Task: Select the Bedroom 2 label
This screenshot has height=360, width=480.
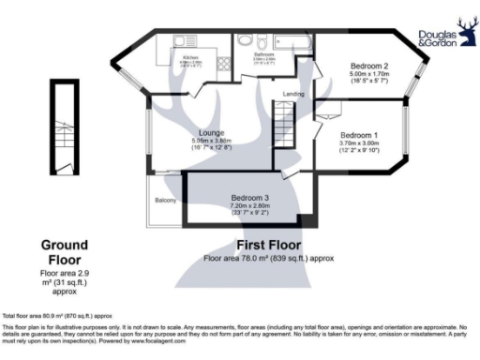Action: (x=369, y=67)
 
